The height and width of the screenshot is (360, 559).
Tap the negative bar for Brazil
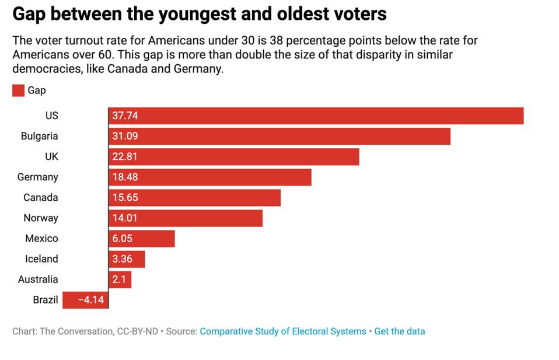[x=85, y=300]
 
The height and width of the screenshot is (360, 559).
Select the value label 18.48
[x=125, y=177]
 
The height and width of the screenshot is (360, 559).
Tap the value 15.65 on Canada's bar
[x=125, y=197]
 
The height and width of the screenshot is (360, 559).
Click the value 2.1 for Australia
[x=119, y=279]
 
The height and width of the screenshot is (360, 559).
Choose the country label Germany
[x=38, y=177]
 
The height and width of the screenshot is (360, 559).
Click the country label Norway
[x=41, y=218]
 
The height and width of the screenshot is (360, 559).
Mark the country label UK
[x=51, y=156]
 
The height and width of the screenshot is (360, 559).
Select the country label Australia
[x=38, y=279]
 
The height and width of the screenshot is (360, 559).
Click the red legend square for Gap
[x=18, y=90]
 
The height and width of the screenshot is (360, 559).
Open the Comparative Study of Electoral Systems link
[x=283, y=331]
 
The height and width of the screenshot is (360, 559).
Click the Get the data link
[x=400, y=331]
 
